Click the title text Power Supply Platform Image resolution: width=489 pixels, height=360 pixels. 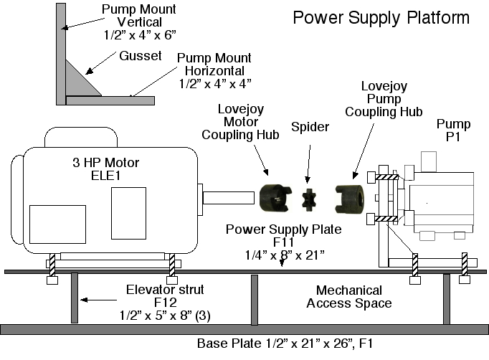click(381, 17)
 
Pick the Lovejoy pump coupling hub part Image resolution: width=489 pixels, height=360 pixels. click(351, 196)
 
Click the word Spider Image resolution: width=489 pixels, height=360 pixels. click(310, 127)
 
